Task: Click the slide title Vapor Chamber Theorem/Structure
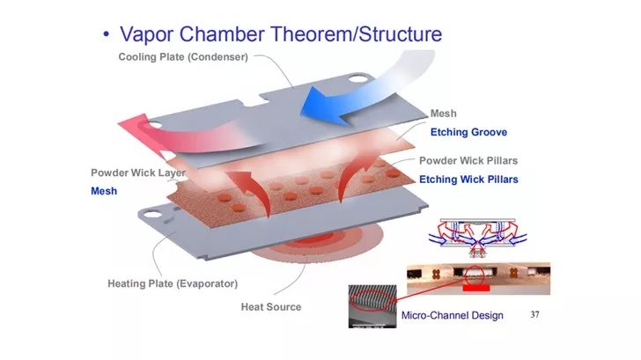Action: coord(281,34)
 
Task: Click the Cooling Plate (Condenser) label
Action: coord(183,57)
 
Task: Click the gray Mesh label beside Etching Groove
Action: coord(443,114)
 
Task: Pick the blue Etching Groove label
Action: coord(468,132)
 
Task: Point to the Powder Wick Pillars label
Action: coord(468,160)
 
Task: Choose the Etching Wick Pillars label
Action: coord(468,180)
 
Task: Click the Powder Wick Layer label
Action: coord(138,173)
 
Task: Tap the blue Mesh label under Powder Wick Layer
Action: coord(104,191)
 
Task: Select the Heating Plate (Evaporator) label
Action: coord(173,283)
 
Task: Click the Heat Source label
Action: coord(271,307)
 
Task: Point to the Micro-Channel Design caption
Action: coord(453,315)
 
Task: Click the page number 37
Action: coord(534,314)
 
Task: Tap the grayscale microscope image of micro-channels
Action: coord(372,306)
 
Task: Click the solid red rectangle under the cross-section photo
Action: coord(476,289)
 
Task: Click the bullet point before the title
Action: coord(107,34)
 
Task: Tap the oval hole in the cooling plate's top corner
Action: coord(358,78)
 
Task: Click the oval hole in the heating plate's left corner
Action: coord(152,214)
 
